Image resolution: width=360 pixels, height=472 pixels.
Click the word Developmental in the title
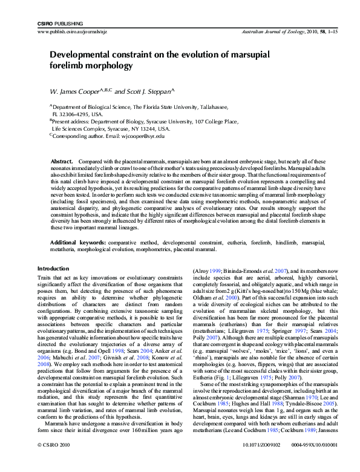click(x=83, y=54)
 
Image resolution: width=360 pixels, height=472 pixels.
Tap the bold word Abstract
click(x=61, y=162)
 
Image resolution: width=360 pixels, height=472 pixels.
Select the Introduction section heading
click(x=54, y=268)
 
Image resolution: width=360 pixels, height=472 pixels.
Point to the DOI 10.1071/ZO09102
click(x=250, y=461)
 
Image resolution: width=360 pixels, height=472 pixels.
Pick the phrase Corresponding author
click(x=83, y=136)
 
